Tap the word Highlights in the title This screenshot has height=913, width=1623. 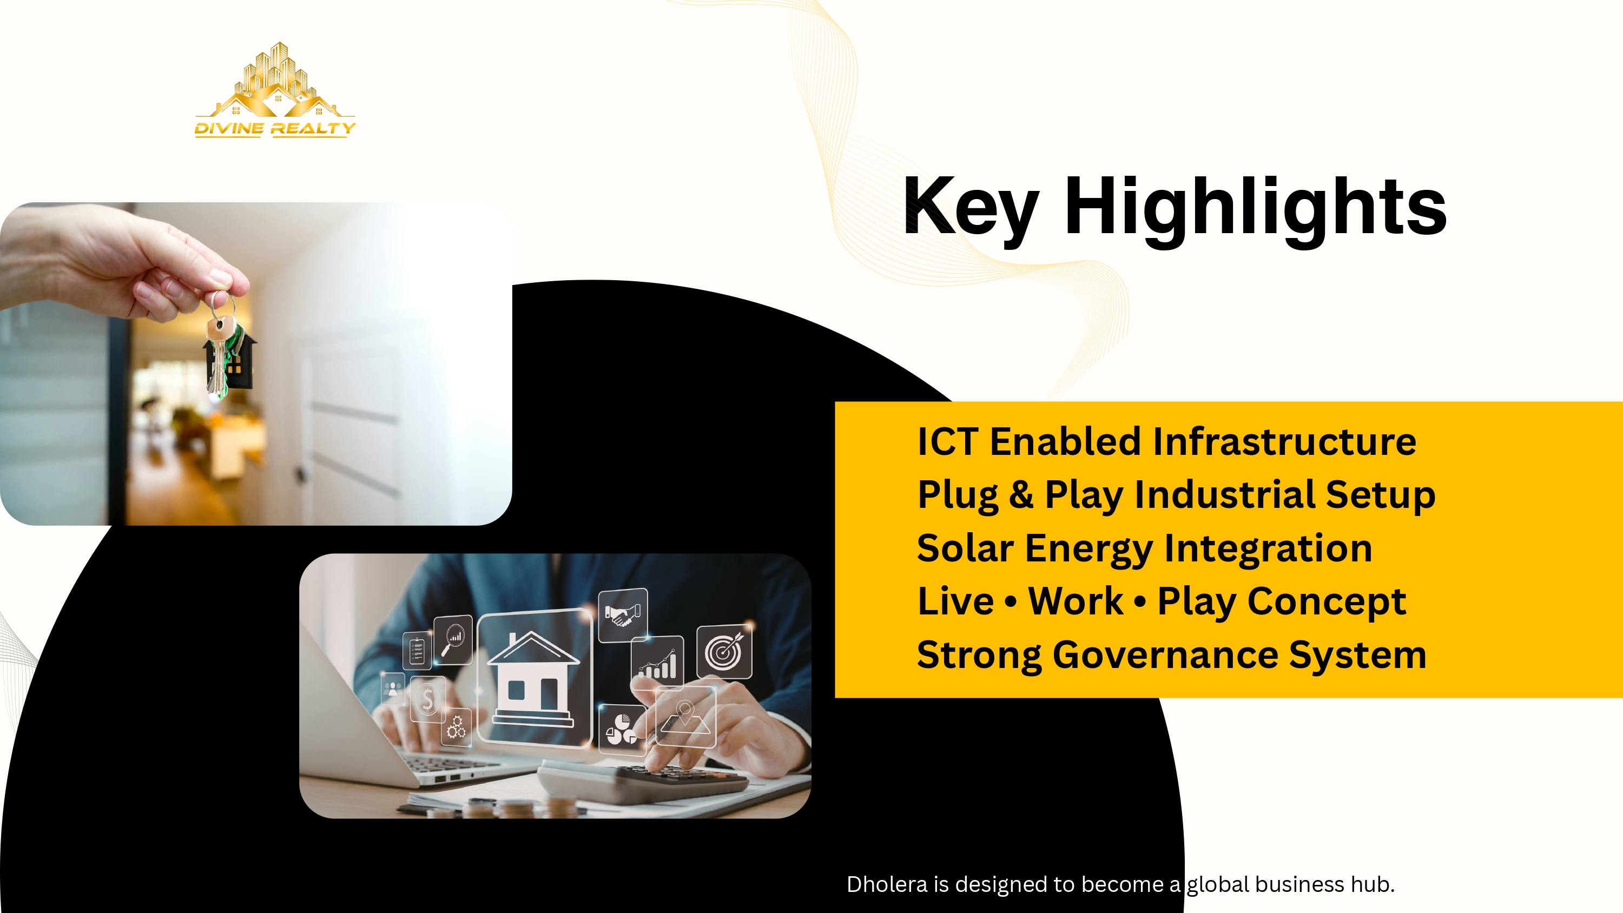[x=1255, y=207]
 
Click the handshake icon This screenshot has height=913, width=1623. [x=623, y=614]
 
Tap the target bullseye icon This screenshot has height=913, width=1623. [x=724, y=652]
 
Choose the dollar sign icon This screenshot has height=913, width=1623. [x=428, y=699]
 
